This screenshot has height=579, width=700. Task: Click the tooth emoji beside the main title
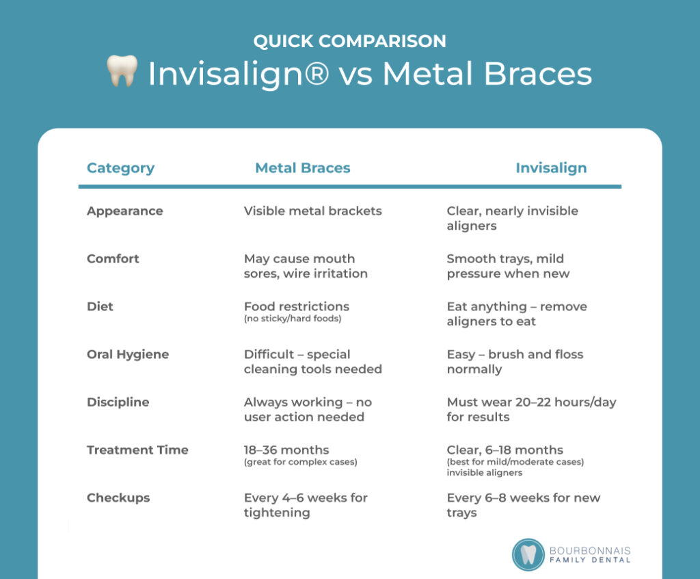click(x=122, y=70)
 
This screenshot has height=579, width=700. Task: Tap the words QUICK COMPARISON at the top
click(x=349, y=41)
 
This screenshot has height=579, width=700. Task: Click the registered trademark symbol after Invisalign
click(x=316, y=73)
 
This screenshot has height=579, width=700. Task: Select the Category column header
click(x=120, y=168)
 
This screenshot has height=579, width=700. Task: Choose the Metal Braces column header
click(x=303, y=168)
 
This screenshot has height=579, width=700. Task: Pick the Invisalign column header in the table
click(x=551, y=168)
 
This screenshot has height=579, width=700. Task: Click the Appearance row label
click(x=125, y=211)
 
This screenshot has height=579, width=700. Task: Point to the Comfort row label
click(x=113, y=258)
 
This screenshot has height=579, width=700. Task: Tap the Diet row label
click(x=100, y=306)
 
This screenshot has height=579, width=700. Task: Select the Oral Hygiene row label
click(x=128, y=355)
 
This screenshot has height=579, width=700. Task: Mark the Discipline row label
click(x=118, y=402)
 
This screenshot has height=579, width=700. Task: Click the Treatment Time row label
click(x=137, y=450)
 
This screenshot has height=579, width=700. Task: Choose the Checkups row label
click(x=118, y=498)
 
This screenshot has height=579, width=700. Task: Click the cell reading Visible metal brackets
click(x=313, y=211)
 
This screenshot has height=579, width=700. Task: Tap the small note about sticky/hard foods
click(x=293, y=319)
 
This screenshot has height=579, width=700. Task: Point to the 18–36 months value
click(x=286, y=450)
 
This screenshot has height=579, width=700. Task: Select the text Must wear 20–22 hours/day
click(x=531, y=402)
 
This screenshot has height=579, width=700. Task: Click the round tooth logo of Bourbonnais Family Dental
click(x=528, y=554)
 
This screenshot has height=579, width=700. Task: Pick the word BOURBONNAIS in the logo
click(x=590, y=551)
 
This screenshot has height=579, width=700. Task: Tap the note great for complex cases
click(x=301, y=462)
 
